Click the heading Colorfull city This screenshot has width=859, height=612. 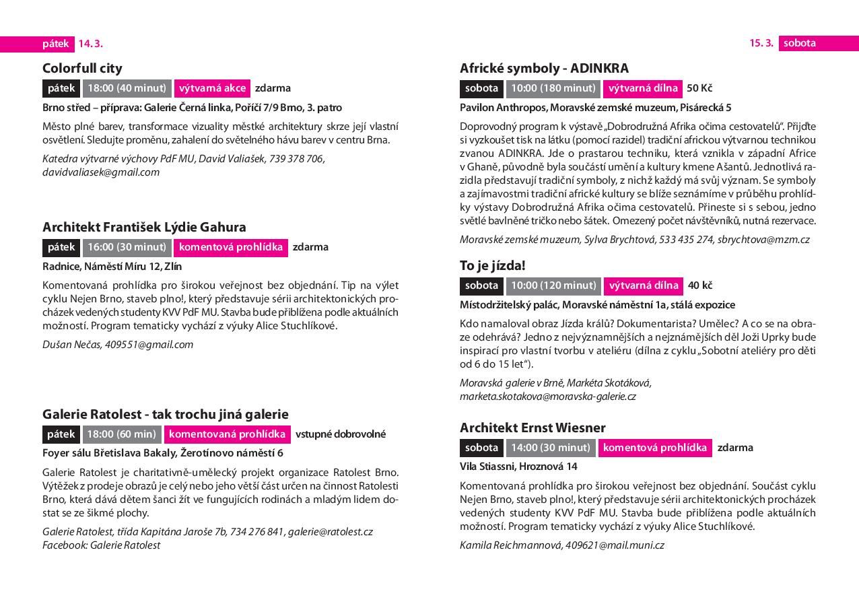pos(82,68)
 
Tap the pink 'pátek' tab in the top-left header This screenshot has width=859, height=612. pos(56,44)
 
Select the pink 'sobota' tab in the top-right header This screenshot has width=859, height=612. pos(800,43)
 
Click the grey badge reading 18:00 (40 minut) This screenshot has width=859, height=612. pos(127,88)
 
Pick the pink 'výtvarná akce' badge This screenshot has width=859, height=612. pos(212,88)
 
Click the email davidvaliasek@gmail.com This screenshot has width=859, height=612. pos(101,172)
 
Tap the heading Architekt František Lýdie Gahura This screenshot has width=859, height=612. pos(144,227)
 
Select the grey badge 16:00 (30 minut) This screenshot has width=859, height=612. pos(127,247)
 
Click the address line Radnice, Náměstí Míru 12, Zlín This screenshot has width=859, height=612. pos(112,266)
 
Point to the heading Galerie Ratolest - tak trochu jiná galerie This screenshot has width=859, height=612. pos(165,414)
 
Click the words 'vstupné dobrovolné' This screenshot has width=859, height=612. pos(340,434)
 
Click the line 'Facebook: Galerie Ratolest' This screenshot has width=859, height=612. pos(101,545)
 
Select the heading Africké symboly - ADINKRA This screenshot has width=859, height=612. pos(544,68)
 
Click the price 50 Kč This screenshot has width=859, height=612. pos(699,88)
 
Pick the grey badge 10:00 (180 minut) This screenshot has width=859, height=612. pos(553,88)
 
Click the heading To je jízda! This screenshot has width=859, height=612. pos(492,265)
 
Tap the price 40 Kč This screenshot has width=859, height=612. pos(700,285)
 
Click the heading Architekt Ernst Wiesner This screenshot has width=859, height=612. pos(532,428)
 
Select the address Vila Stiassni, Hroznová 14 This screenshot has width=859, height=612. pos(518,467)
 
